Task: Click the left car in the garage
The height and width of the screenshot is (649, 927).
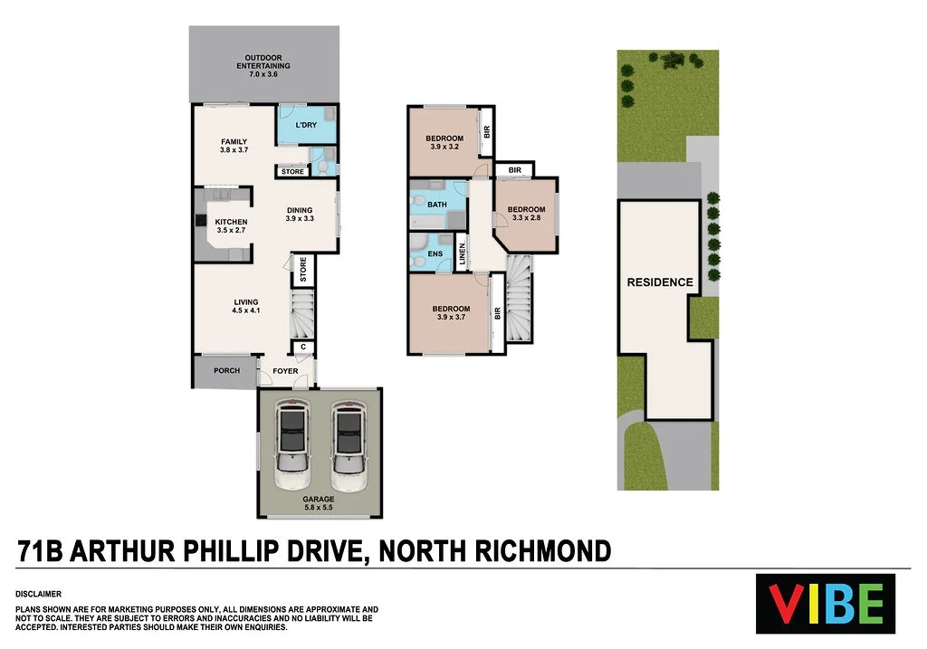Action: (x=291, y=439)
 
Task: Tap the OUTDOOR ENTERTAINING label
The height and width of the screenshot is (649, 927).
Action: (x=263, y=62)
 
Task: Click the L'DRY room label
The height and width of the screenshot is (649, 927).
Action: (x=306, y=125)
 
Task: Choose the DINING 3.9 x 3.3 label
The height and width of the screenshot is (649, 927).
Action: (x=299, y=215)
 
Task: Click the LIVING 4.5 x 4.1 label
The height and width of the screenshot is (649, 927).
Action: (x=246, y=306)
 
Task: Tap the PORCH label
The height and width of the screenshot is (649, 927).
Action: (x=226, y=370)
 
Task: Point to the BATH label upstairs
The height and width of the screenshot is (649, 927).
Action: (x=437, y=205)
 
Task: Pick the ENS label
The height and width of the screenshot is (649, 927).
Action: (x=435, y=253)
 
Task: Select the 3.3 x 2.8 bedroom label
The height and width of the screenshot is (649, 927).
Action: (x=526, y=214)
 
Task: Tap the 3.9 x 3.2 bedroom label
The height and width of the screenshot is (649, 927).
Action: (x=444, y=142)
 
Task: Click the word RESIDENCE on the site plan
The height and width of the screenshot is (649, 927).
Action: (x=660, y=282)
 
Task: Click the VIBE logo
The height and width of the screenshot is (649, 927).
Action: (x=826, y=603)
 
